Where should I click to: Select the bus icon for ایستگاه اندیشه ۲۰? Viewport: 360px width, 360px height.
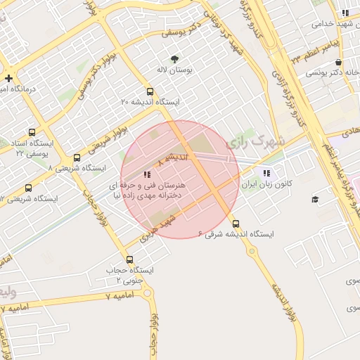(149, 91)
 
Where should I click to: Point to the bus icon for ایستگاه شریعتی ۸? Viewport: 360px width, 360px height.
(77, 157)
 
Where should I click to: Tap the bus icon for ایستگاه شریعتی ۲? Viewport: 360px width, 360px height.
(28, 188)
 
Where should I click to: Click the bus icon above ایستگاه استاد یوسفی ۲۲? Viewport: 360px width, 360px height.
(32, 132)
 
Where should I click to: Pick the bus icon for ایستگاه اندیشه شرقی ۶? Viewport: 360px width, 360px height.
(235, 223)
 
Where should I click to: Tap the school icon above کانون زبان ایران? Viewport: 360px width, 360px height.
(266, 174)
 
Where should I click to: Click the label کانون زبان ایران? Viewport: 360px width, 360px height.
(266, 185)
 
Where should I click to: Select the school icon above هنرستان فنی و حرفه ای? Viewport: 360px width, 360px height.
(146, 174)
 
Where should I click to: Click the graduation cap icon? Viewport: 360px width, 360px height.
(315, 200)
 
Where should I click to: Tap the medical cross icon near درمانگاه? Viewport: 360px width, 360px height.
(8, 78)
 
